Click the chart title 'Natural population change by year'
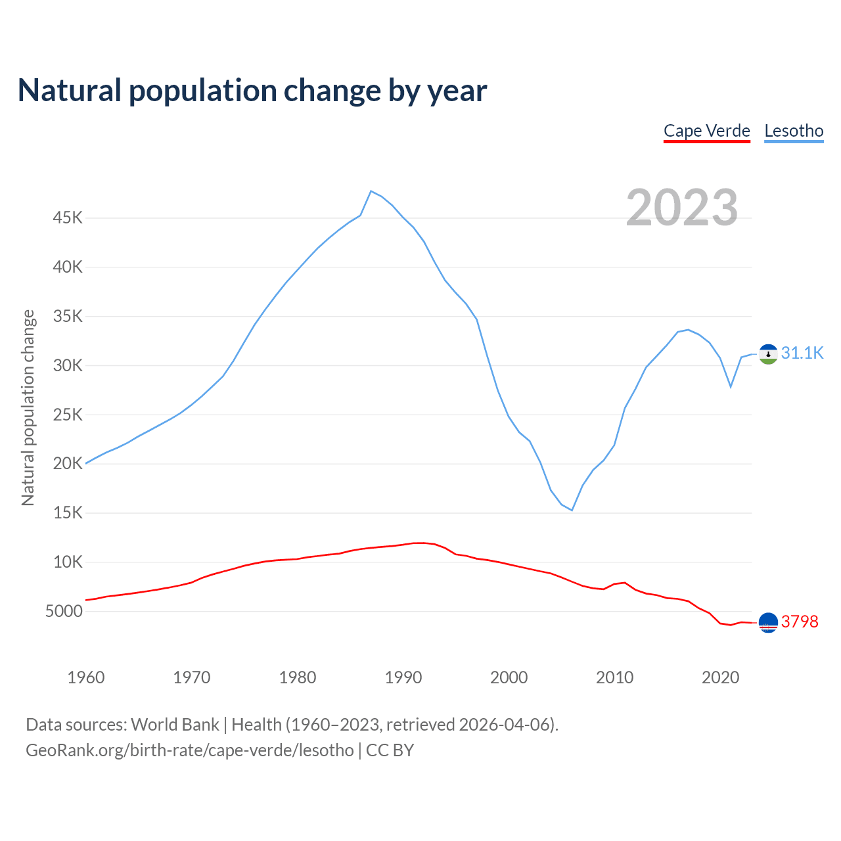click(252, 91)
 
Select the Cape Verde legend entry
click(707, 131)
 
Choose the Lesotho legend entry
click(794, 131)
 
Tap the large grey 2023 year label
click(682, 208)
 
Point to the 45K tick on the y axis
click(68, 217)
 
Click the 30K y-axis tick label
click(68, 365)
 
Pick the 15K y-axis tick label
click(68, 512)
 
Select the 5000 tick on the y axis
click(64, 611)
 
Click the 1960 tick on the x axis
click(86, 677)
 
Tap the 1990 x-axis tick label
click(403, 677)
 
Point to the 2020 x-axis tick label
click(721, 677)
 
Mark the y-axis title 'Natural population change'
click(28, 407)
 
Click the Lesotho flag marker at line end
click(768, 354)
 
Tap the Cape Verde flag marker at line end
click(768, 622)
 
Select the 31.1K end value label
click(802, 353)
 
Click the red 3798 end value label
click(800, 622)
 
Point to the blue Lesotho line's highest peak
click(371, 191)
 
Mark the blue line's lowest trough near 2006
click(572, 510)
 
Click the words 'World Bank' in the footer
click(175, 725)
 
